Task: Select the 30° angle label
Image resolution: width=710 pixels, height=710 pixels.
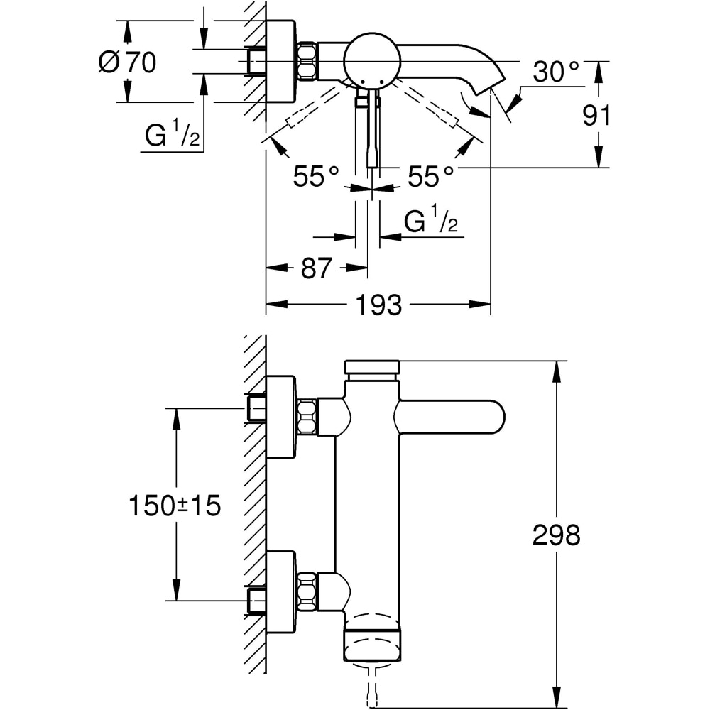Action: point(556,71)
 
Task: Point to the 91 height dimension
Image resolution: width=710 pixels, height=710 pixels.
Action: point(597,115)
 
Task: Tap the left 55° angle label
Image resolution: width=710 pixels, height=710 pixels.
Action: point(316,176)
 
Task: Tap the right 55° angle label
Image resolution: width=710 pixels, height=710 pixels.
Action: point(430,176)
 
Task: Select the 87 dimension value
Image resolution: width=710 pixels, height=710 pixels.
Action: point(317,268)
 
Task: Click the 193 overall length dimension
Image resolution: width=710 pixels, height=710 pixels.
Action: point(378,305)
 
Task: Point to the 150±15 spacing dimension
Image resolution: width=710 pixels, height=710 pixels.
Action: point(175,506)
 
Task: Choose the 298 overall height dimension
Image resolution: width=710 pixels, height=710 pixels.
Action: point(557,535)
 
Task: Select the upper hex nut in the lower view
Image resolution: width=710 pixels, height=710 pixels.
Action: point(306,416)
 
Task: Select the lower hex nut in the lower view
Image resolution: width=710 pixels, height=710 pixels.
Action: point(306,591)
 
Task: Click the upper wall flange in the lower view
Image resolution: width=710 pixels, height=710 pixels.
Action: point(280,416)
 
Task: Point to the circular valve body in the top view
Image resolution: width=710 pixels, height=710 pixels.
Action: point(371,60)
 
